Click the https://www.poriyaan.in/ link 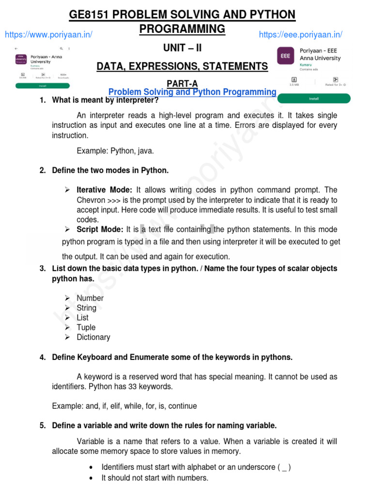48,34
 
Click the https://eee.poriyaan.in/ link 300,34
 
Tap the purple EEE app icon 285,56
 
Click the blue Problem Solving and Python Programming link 192,92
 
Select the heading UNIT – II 182,48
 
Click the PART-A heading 182,84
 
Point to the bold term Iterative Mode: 104,190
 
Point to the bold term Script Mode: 100,229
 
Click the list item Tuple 86,327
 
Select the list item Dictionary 93,337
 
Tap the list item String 86,308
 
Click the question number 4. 43,357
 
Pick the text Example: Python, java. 115,151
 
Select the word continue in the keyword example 181,406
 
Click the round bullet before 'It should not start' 92,478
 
